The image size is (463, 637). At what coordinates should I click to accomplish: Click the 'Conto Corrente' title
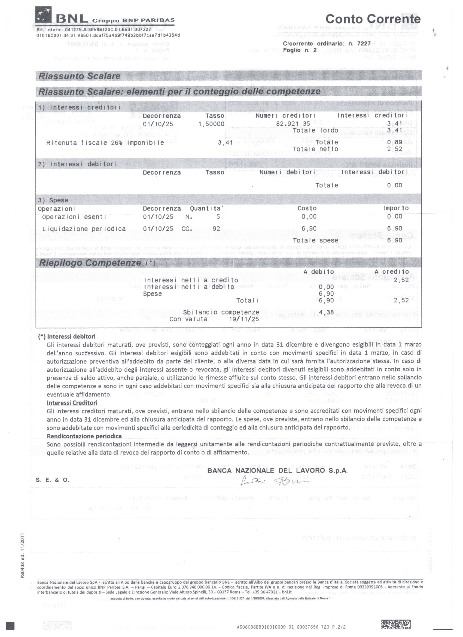pyautogui.click(x=373, y=19)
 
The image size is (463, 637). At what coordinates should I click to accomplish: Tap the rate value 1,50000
pyautogui.click(x=211, y=124)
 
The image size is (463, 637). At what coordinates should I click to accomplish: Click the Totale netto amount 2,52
pyautogui.click(x=394, y=149)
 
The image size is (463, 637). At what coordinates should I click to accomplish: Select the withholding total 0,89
pyautogui.click(x=394, y=142)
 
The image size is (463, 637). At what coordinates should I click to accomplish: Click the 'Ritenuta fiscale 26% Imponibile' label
pyautogui.click(x=105, y=143)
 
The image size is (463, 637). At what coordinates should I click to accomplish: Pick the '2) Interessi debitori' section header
pyautogui.click(x=78, y=164)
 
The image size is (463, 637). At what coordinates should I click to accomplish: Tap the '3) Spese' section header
pyautogui.click(x=53, y=200)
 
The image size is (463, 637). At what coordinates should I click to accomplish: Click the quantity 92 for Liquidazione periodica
pyautogui.click(x=216, y=229)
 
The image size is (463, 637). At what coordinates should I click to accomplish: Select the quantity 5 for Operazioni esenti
pyautogui.click(x=218, y=217)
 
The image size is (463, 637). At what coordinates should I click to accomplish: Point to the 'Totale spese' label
pyautogui.click(x=315, y=240)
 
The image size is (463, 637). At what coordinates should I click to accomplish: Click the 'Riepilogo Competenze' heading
pyautogui.click(x=90, y=263)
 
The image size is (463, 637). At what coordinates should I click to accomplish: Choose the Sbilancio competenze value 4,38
pyautogui.click(x=326, y=312)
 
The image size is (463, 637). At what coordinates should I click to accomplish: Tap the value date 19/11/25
pyautogui.click(x=244, y=319)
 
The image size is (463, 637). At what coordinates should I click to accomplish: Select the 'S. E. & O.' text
pyautogui.click(x=53, y=480)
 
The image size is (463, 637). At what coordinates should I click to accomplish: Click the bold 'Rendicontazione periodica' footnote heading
pyautogui.click(x=84, y=436)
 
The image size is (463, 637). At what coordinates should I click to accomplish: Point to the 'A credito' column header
pyautogui.click(x=392, y=272)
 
